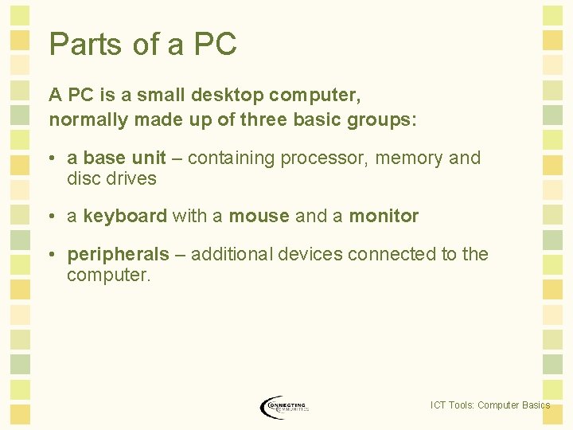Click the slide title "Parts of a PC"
[x=143, y=45]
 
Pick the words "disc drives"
[x=111, y=178]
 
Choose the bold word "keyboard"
[x=125, y=216]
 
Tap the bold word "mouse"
[x=259, y=216]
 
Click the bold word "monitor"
[x=384, y=216]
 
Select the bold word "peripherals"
[x=119, y=254]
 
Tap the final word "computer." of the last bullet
[x=108, y=275]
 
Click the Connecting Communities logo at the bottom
[x=285, y=406]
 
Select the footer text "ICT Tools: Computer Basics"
[x=489, y=405]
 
